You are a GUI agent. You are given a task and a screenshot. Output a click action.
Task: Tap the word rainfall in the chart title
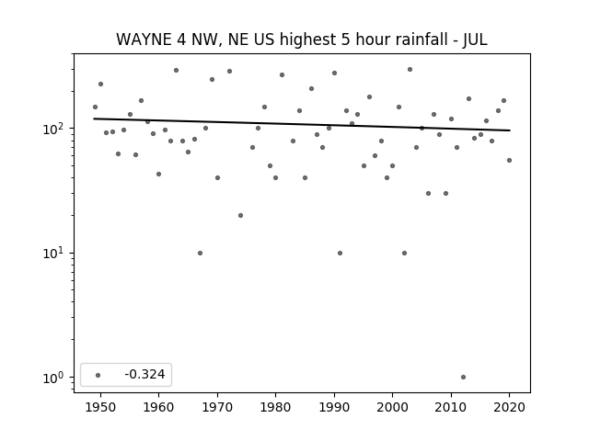(421, 40)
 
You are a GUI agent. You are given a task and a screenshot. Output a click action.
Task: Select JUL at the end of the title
(475, 40)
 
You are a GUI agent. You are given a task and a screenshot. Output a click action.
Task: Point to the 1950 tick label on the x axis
(100, 407)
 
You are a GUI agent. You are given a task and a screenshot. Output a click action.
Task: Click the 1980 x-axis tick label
(275, 407)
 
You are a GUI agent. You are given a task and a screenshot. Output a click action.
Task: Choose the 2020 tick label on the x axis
(509, 407)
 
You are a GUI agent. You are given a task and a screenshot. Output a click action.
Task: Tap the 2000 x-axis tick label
(392, 407)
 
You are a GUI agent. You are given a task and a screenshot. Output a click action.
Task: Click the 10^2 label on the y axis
(56, 129)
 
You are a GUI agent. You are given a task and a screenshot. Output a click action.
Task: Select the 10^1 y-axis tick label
(56, 254)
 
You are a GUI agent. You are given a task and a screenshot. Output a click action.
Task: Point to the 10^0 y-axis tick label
(56, 378)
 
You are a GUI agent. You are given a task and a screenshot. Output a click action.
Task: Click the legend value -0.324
(144, 374)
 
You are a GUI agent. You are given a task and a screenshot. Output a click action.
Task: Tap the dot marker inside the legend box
(98, 375)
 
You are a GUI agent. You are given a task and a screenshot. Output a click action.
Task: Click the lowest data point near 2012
(463, 378)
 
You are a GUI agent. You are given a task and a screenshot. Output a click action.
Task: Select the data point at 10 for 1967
(200, 254)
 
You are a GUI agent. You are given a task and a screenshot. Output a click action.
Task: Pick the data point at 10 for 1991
(340, 254)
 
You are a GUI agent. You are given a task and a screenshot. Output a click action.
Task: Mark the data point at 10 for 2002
(404, 254)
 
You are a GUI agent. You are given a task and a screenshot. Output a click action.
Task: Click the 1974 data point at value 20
(240, 215)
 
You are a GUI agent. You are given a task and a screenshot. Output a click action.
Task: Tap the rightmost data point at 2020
(509, 160)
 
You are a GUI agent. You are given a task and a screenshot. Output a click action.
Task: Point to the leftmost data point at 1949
(95, 107)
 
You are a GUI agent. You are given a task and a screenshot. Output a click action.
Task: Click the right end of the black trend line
(510, 130)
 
